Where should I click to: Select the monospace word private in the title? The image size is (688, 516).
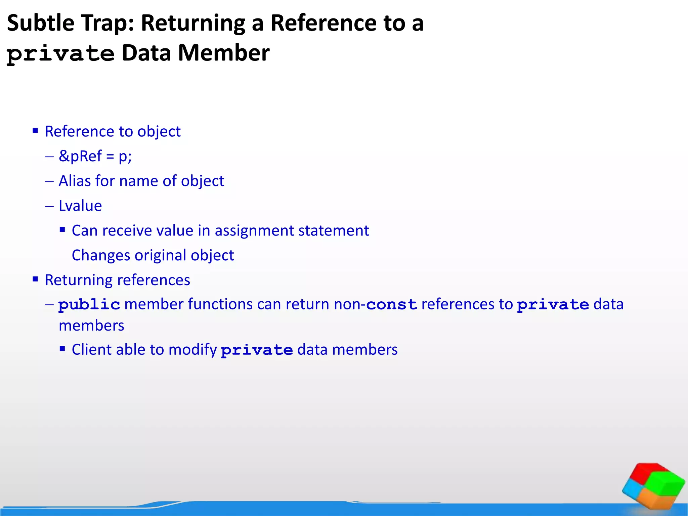61,54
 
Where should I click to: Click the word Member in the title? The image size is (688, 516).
223,53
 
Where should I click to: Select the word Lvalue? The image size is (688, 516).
80,206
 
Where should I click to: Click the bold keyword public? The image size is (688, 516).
89,304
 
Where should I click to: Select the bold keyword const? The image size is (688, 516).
392,304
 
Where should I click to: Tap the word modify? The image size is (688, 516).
192,350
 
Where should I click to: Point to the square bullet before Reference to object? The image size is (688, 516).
35,130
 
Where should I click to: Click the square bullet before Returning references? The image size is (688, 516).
35,279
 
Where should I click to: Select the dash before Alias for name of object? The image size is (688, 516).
49,181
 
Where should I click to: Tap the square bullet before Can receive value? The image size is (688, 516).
62,230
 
